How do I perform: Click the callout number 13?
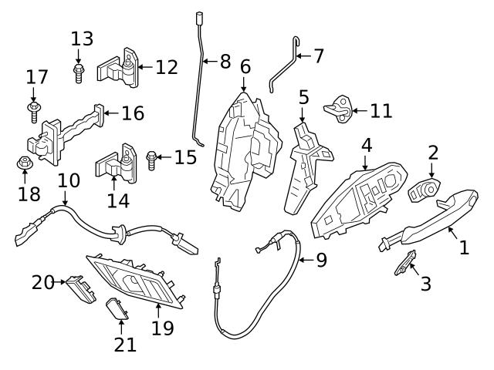pyautogui.click(x=82, y=39)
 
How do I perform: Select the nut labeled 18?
pyautogui.click(x=25, y=163)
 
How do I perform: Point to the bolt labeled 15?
pyautogui.click(x=151, y=160)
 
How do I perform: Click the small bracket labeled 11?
pyautogui.click(x=338, y=109)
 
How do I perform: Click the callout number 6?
pyautogui.click(x=245, y=66)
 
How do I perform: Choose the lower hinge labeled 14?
pyautogui.click(x=114, y=163)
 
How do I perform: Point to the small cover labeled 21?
pyautogui.click(x=117, y=309)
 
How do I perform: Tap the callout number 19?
pyautogui.click(x=163, y=328)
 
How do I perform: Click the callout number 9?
pyautogui.click(x=321, y=260)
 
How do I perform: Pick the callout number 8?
pyautogui.click(x=225, y=62)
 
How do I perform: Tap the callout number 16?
pyautogui.click(x=133, y=113)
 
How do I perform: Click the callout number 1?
pyautogui.click(x=464, y=247)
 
